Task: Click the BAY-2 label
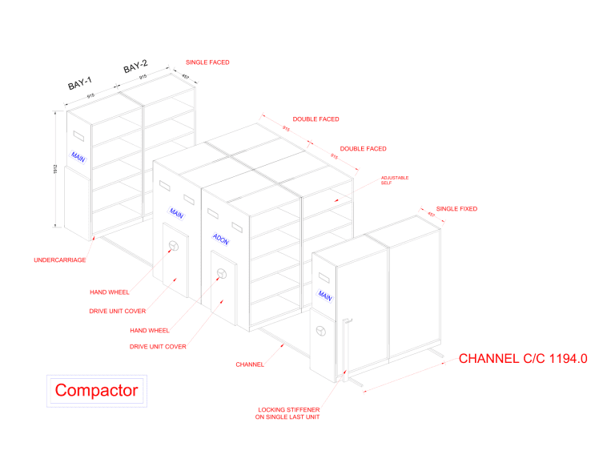coord(135,66)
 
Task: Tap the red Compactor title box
coord(96,391)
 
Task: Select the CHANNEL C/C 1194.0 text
coord(523,359)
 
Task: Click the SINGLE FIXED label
coord(456,208)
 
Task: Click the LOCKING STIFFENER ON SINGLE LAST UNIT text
coord(287,413)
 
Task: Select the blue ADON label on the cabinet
coord(221,238)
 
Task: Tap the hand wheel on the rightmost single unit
coord(321,331)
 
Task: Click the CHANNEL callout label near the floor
coord(250,364)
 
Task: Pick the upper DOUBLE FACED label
coord(316,119)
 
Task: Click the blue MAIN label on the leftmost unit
coord(78,157)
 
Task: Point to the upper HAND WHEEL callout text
coord(109,292)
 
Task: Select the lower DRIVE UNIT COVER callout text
coord(158,347)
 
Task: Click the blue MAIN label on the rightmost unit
coord(325,296)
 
